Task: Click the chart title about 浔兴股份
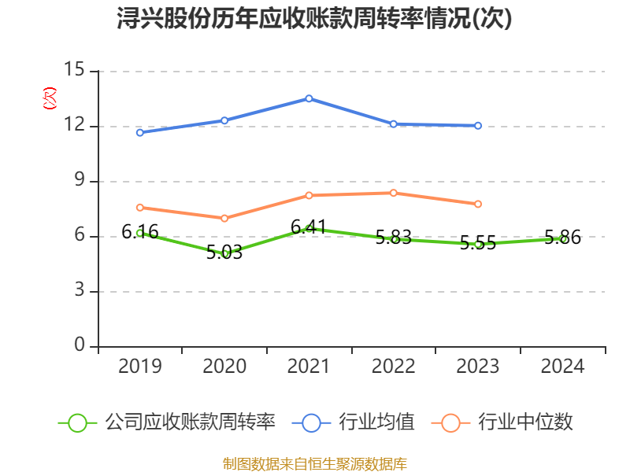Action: point(314,19)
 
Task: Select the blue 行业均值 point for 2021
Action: point(309,98)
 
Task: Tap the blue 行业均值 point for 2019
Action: point(139,132)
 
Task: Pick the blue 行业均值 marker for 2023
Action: point(478,125)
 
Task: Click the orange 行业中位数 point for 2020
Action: point(224,218)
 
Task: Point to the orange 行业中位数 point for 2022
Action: point(394,193)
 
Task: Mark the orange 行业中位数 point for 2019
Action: point(139,208)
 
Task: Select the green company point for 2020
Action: point(224,253)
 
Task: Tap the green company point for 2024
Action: point(563,238)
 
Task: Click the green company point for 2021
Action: point(309,228)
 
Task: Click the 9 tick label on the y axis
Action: point(79,180)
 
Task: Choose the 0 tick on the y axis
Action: point(79,345)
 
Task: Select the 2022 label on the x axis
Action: point(394,367)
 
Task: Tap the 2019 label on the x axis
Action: point(139,367)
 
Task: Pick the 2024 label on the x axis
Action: point(563,367)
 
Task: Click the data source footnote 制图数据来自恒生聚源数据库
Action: point(314,463)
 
